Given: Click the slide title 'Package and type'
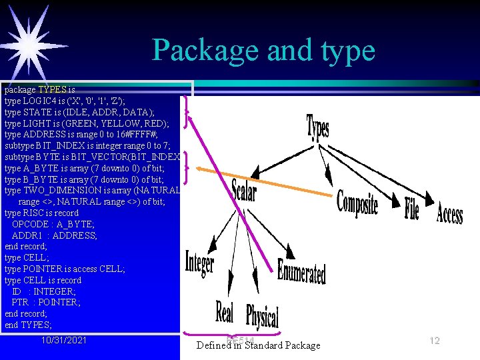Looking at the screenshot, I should click(x=263, y=50).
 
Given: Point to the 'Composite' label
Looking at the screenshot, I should click(x=357, y=204).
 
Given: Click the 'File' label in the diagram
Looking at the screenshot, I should click(x=412, y=209).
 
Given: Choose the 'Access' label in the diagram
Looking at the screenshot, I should click(x=449, y=214).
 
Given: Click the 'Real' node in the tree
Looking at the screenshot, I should click(x=225, y=313).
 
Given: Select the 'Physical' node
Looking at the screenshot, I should click(x=262, y=317).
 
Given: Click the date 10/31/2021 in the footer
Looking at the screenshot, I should click(x=63, y=341).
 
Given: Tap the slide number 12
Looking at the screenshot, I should click(x=435, y=341).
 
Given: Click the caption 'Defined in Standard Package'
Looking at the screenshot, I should click(x=258, y=345).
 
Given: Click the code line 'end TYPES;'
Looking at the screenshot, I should click(x=28, y=325).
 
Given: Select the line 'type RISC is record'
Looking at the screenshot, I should click(x=41, y=213).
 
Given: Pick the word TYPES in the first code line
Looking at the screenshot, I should click(x=52, y=89).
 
